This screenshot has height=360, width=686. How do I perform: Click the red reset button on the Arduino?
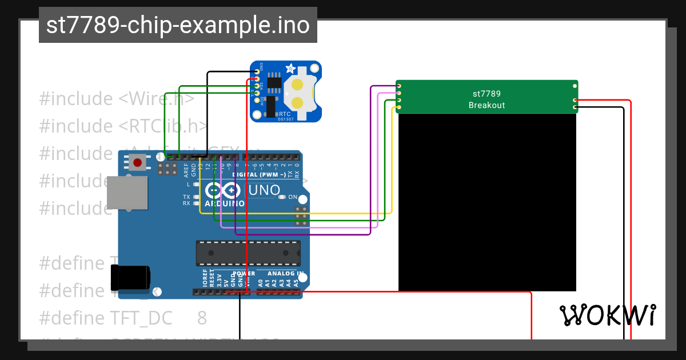[137, 163]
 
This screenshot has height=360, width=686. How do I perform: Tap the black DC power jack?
[130, 278]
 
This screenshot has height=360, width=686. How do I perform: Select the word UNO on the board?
[264, 190]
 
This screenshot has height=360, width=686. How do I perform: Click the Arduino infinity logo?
[223, 191]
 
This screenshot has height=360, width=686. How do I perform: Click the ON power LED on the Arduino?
[282, 197]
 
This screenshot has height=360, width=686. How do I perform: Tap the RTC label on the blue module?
[284, 114]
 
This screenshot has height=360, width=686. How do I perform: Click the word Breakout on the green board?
[486, 105]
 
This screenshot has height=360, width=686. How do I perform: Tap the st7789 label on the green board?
[486, 93]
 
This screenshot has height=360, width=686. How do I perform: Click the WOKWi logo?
[608, 315]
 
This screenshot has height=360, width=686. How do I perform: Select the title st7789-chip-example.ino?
[178, 25]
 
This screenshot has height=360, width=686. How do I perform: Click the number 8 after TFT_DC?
[202, 318]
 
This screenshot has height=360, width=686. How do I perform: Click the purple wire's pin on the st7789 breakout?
[398, 86]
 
